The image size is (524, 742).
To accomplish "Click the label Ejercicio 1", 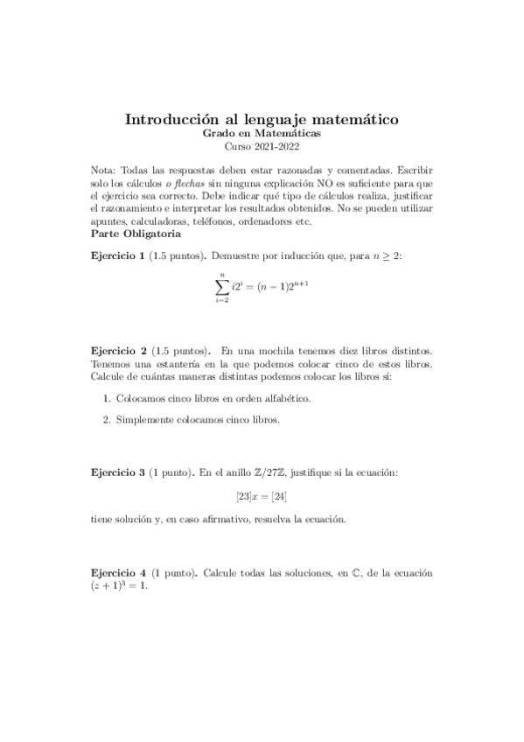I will (117, 255).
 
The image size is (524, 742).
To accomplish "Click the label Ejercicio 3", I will (117, 473).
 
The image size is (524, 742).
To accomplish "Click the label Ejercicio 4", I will (117, 572).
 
